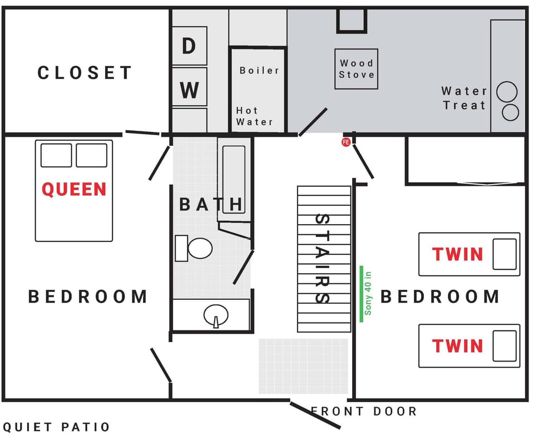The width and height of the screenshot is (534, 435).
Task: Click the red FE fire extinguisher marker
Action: point(345,142)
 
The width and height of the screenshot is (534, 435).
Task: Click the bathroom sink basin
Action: point(216,315)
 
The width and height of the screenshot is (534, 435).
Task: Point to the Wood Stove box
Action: point(356,69)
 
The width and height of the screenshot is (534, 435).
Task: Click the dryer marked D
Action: point(189,46)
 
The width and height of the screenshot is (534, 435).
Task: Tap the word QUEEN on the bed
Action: point(74,189)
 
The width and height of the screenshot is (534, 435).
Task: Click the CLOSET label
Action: point(85,73)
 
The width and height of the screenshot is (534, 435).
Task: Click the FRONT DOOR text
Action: point(363,412)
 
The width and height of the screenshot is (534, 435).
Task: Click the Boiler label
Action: point(259,71)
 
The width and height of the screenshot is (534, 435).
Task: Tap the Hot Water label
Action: point(254,116)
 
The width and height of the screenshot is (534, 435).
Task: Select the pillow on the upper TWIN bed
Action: point(505,254)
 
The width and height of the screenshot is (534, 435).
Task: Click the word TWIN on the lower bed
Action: point(458,346)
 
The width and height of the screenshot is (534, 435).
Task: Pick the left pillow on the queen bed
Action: point(56,155)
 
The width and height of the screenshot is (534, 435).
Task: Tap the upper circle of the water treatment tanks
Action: point(507,92)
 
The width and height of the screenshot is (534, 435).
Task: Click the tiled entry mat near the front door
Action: point(303,366)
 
